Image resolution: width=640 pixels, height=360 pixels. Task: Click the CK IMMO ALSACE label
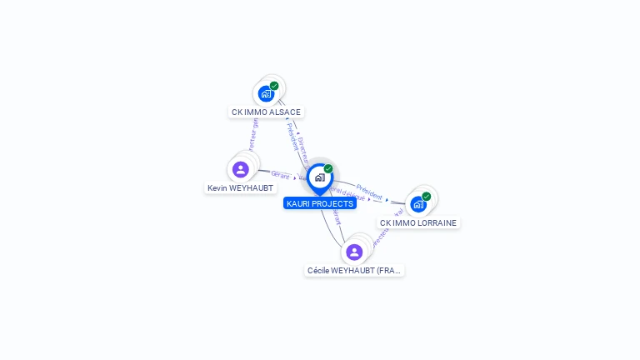pyautogui.click(x=266, y=112)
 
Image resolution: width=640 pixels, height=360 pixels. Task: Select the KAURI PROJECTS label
pyautogui.click(x=320, y=203)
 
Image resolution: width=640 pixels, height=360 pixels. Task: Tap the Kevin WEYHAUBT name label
pyautogui.click(x=241, y=188)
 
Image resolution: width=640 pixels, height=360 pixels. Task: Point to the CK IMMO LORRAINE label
pyautogui.click(x=418, y=223)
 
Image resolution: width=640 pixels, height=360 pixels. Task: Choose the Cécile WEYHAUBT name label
pyautogui.click(x=354, y=271)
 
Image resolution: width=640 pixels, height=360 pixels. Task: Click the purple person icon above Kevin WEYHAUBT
pyautogui.click(x=241, y=169)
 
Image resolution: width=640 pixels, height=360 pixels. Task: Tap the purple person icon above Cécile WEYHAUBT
pyautogui.click(x=354, y=252)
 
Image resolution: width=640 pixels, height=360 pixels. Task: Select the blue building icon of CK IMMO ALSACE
pyautogui.click(x=266, y=93)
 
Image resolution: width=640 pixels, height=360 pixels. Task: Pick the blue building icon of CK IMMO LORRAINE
pyautogui.click(x=418, y=204)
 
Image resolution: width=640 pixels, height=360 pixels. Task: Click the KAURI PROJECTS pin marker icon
pyautogui.click(x=319, y=177)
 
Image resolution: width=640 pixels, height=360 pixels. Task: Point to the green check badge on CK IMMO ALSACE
pyautogui.click(x=274, y=86)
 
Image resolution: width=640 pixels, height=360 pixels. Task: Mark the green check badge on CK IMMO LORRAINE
pyautogui.click(x=427, y=197)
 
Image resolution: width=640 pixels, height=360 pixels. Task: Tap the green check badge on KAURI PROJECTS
pyautogui.click(x=328, y=169)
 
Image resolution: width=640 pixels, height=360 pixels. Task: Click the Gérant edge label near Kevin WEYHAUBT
pyautogui.click(x=280, y=175)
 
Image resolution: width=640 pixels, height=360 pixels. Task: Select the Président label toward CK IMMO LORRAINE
pyautogui.click(x=369, y=191)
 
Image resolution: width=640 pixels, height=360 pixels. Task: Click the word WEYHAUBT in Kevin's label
pyautogui.click(x=252, y=188)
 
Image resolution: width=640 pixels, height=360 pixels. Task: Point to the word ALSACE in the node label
pyautogui.click(x=285, y=112)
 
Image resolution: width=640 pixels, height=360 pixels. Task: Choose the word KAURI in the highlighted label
pyautogui.click(x=298, y=203)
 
